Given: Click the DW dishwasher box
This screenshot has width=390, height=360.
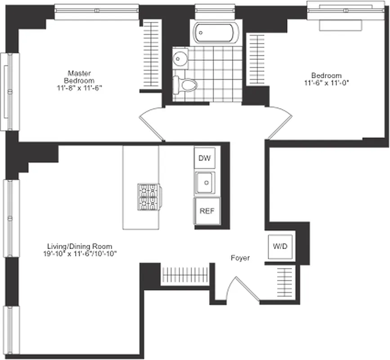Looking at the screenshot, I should click(x=204, y=158).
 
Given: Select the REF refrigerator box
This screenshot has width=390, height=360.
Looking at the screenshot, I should click(x=207, y=211).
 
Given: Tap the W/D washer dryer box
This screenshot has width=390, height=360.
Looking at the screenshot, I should click(x=280, y=247).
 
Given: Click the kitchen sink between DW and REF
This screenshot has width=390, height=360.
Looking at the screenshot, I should click(x=206, y=182).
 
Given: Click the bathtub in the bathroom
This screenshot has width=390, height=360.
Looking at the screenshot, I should click(x=214, y=33).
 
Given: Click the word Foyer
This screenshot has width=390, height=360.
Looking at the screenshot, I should click(x=240, y=258).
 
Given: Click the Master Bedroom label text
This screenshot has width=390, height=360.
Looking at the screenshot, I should click(x=80, y=76).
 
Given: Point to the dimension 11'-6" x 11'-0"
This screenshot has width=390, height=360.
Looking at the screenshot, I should click(x=327, y=83).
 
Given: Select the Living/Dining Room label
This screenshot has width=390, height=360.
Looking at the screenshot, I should click(x=80, y=246).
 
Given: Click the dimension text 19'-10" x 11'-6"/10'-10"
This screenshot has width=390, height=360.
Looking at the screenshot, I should click(x=80, y=253).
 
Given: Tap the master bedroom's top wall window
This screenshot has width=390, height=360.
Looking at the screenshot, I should click(x=96, y=12).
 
